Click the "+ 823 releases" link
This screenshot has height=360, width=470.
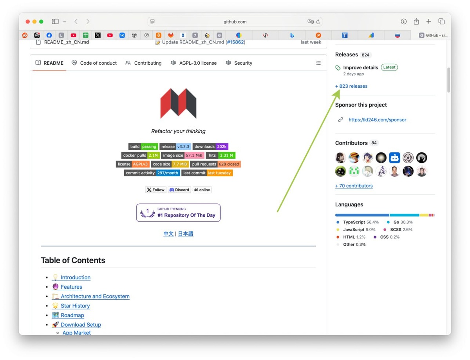coord(351,86)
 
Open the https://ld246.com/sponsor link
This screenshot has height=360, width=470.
coord(377,120)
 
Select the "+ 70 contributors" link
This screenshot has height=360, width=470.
coord(354,186)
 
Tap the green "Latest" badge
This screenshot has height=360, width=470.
coord(389,67)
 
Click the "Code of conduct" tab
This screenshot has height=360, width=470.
coord(94,63)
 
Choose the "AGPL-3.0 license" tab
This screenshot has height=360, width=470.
coord(194,63)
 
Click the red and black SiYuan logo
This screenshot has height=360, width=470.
coord(178,103)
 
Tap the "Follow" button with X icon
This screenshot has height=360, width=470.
coord(155,190)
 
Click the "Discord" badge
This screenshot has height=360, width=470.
coord(179,190)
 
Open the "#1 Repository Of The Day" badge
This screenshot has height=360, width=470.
coord(178,213)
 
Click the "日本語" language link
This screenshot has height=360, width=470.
coord(186,233)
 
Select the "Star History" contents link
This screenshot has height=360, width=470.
coord(75,306)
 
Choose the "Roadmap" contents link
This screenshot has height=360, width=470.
coord(72,315)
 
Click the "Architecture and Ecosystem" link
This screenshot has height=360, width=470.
coord(95,296)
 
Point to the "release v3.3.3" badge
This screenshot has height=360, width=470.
coord(175,147)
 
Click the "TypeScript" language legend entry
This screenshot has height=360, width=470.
coord(354,222)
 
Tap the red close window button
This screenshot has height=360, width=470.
coord(28,22)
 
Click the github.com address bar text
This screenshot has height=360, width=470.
coord(235,22)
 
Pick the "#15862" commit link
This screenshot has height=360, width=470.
coord(235,42)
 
